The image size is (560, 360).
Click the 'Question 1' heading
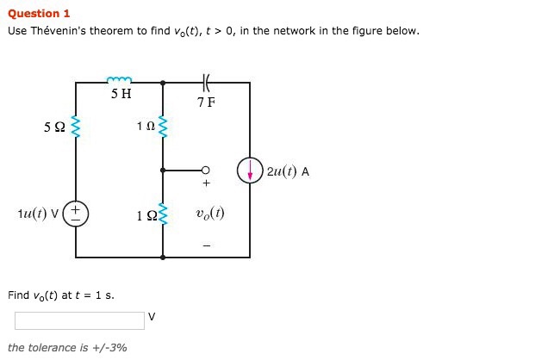point(39,14)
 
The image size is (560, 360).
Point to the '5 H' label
point(121,94)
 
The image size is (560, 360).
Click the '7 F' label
point(206,102)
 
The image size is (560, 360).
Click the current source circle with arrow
point(250,171)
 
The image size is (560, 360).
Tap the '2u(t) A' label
point(289,171)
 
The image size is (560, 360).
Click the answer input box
point(79,320)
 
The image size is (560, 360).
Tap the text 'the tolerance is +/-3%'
point(67,348)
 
